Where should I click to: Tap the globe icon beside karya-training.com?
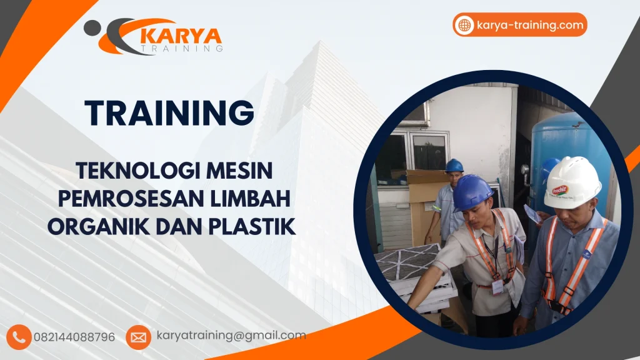point(464,26)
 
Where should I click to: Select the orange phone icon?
point(19,337)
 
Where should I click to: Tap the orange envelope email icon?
point(138,337)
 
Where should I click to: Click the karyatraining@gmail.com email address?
point(231,336)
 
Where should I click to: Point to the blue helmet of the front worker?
point(472,192)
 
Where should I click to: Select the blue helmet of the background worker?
point(454,165)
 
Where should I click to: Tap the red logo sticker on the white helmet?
point(558,188)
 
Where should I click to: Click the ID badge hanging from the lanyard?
point(498,286)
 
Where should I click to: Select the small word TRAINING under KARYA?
point(181,47)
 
